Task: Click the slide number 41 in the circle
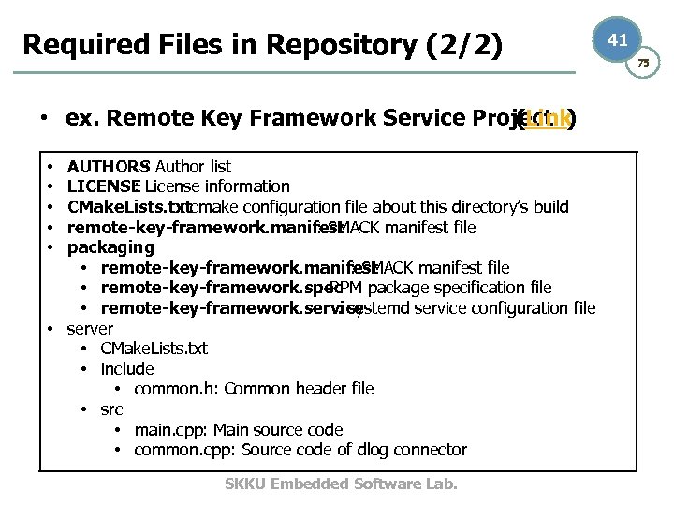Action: pos(617,39)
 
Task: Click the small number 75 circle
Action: pos(643,62)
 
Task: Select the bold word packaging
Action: pos(110,247)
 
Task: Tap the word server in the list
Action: pos(90,329)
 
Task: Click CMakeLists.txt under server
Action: pos(154,349)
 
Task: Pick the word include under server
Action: pos(127,369)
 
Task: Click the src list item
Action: pos(111,409)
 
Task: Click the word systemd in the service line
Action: pos(379,308)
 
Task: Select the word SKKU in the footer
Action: pos(246,484)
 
